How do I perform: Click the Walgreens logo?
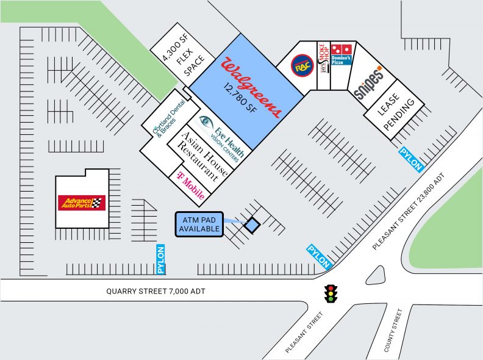(x=252, y=87)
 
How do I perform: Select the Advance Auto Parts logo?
(x=82, y=203)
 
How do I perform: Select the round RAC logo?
(x=301, y=66)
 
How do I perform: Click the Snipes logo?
(x=368, y=82)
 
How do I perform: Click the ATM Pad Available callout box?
(x=199, y=224)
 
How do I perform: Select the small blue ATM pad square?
(x=251, y=226)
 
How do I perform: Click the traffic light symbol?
(x=331, y=293)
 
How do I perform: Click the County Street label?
(x=393, y=330)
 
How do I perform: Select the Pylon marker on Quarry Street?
(x=161, y=259)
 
